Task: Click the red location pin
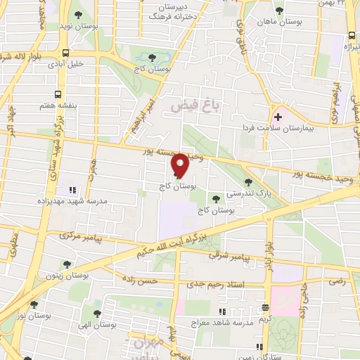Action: coord(179,165)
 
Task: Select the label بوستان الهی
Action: coord(98,326)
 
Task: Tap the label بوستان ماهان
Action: coord(280,23)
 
